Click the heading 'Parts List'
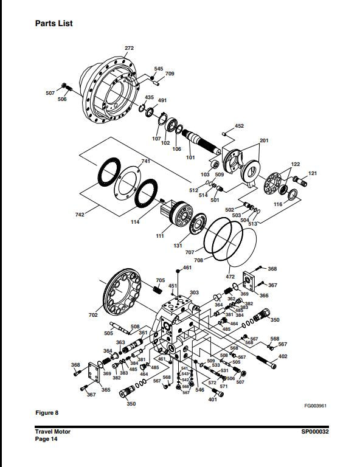coord(54,23)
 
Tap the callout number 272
coord(129,48)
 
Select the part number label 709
coord(170,74)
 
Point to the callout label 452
coord(239,126)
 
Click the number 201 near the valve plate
coord(263,140)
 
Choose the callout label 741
coord(145,161)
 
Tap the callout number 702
coord(93,316)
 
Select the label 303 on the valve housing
coord(194,292)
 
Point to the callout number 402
coord(283,356)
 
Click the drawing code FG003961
coord(316,406)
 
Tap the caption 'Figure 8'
coord(46,413)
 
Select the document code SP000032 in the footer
coord(314,432)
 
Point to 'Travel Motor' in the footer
coord(52,432)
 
